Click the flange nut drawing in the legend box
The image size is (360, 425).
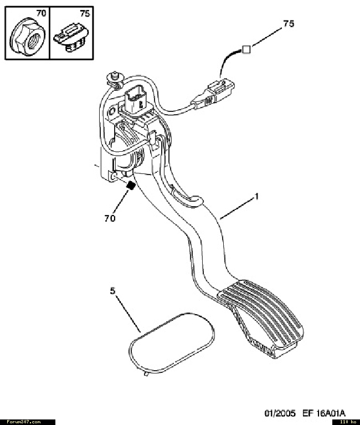28,37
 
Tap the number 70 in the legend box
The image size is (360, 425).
41,13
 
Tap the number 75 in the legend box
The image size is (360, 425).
85,13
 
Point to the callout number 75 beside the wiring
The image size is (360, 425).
289,24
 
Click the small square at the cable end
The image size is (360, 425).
246,49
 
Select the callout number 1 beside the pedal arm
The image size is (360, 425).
256,196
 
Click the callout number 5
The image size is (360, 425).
112,291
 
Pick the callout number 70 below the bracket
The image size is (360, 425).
110,218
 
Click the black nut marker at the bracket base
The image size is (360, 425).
131,186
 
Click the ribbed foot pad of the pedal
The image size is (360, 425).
261,315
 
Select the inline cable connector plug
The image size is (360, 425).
213,94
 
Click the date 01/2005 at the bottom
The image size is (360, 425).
280,413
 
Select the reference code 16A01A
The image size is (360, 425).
330,413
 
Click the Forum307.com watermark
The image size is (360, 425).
24,422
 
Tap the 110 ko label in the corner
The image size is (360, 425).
348,422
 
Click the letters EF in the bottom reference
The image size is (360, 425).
307,413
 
